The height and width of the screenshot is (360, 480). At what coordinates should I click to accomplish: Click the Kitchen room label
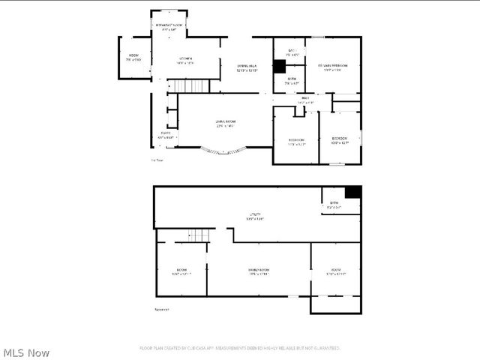pyautogui.click(x=185, y=61)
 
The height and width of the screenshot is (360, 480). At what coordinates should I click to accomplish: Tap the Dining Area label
pyautogui.click(x=247, y=67)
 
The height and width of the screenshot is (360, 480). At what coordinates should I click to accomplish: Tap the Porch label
pyautogui.click(x=165, y=135)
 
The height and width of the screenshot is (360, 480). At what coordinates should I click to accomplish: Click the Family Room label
pyautogui.click(x=259, y=271)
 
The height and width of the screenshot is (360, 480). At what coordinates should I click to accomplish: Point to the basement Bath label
pyautogui.click(x=334, y=205)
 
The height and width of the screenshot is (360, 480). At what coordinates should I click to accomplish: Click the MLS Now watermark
pyautogui.click(x=27, y=352)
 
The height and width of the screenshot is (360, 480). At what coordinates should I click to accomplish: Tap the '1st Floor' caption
pyautogui.click(x=157, y=159)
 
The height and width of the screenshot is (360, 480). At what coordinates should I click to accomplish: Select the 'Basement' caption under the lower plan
pyautogui.click(x=161, y=308)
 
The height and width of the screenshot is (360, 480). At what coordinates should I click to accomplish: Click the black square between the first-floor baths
pyautogui.click(x=279, y=66)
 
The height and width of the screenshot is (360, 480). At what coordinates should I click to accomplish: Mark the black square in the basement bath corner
pyautogui.click(x=352, y=192)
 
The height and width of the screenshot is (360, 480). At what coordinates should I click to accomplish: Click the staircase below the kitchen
pyautogui.click(x=190, y=85)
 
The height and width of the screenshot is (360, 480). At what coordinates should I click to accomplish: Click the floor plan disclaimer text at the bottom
pyautogui.click(x=240, y=348)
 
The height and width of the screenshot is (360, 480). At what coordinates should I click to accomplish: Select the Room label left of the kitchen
pyautogui.click(x=133, y=57)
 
